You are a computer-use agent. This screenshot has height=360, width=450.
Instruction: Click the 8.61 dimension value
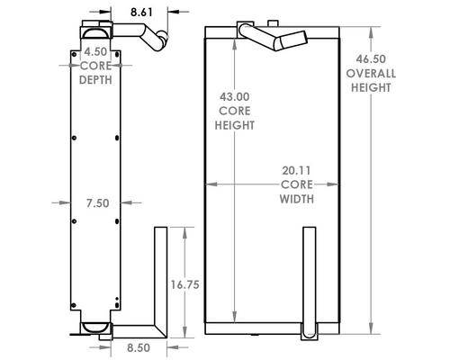pyautogui.click(x=141, y=13)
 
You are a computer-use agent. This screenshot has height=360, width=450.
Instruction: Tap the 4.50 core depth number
pyautogui.click(x=95, y=51)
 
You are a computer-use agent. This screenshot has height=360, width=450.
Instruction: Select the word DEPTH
pyautogui.click(x=95, y=80)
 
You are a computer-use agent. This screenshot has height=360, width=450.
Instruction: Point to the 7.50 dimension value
pyautogui.click(x=98, y=203)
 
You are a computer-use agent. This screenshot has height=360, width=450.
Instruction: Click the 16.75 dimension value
pyautogui.click(x=185, y=284)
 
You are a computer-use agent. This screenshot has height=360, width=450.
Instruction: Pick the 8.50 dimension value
pyautogui.click(x=139, y=347)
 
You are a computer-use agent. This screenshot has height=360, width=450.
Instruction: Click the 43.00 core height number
pyautogui.click(x=235, y=96)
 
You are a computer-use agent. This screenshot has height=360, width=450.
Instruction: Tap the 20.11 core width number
pyautogui.click(x=296, y=171)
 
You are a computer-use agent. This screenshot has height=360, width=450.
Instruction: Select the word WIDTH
pyautogui.click(x=297, y=199)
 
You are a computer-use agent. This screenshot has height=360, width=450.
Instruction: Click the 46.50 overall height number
pyautogui.click(x=371, y=59)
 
